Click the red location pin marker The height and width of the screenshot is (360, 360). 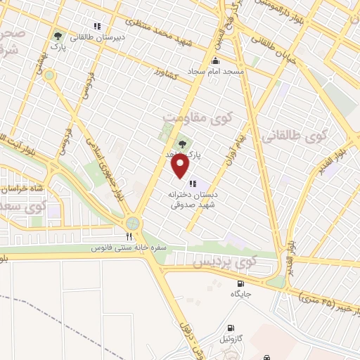181,166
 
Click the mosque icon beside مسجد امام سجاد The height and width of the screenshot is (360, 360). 214,62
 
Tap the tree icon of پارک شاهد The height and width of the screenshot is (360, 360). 183,143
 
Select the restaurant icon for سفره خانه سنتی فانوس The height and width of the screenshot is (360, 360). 129,237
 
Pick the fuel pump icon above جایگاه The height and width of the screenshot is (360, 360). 241,283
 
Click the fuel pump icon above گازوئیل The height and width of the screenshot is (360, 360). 230,328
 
